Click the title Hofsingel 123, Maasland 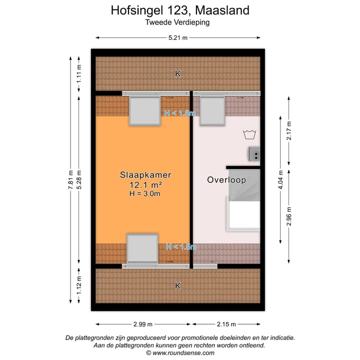pyautogui.click(x=179, y=10)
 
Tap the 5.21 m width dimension pyautogui.click(x=178, y=37)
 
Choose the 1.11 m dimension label pyautogui.click(x=79, y=74)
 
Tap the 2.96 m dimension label pyautogui.click(x=289, y=216)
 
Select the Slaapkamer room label pyautogui.click(x=145, y=175)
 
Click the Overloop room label pyautogui.click(x=226, y=180)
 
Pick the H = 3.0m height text pyautogui.click(x=144, y=193)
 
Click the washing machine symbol pyautogui.click(x=248, y=133)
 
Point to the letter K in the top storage pyautogui.click(x=177, y=74)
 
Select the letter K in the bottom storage pyautogui.click(x=177, y=286)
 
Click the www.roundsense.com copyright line pyautogui.click(x=180, y=352)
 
